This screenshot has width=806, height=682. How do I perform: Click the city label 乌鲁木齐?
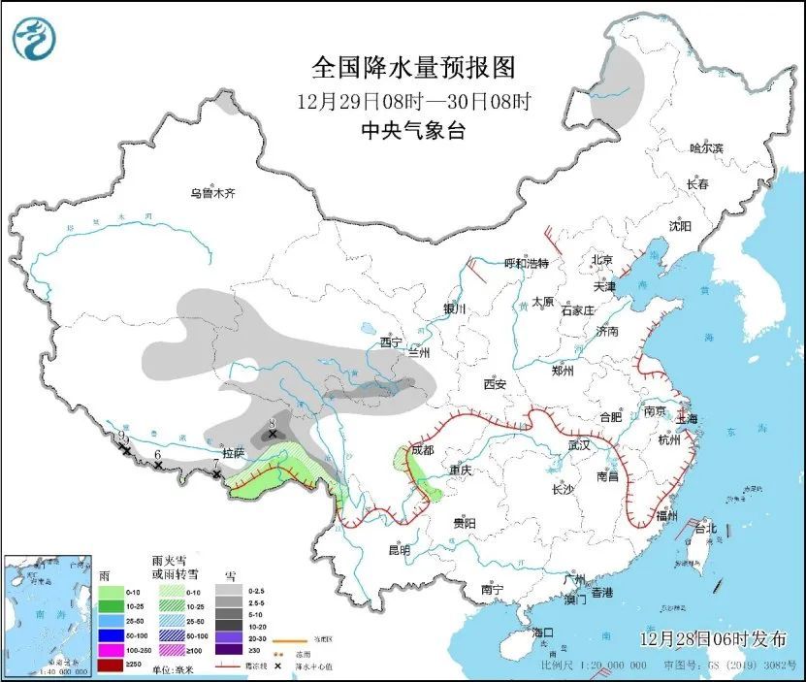[x=212, y=193]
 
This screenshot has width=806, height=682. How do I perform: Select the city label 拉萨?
[x=232, y=452]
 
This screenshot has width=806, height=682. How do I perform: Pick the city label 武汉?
[x=579, y=445]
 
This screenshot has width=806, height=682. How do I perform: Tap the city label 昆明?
[x=399, y=549]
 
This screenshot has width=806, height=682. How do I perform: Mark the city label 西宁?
[x=391, y=341]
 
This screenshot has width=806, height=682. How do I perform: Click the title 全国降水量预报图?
[x=412, y=67]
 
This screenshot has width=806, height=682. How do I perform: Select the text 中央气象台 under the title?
[x=412, y=131]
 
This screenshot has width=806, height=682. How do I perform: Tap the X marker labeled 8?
[x=273, y=434]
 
